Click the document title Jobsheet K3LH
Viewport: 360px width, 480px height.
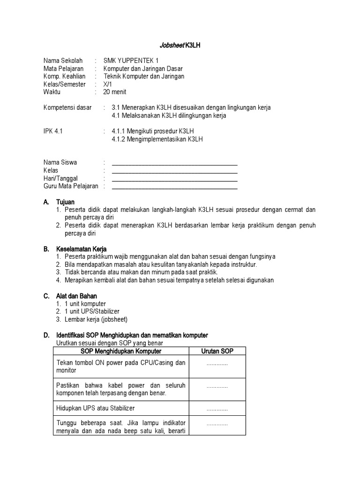(180, 45)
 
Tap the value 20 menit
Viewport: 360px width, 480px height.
(115, 92)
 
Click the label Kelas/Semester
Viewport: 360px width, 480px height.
(65, 84)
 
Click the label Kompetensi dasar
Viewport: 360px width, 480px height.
(67, 107)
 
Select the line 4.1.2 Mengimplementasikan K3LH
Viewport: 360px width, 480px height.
(157, 139)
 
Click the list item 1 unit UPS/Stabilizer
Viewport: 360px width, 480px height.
(92, 311)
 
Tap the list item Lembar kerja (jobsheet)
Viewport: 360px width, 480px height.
(96, 319)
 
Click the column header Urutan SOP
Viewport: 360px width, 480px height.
(217, 351)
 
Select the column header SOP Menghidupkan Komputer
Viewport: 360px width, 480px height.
(121, 351)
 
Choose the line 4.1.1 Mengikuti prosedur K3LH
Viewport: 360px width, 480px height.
(153, 131)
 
